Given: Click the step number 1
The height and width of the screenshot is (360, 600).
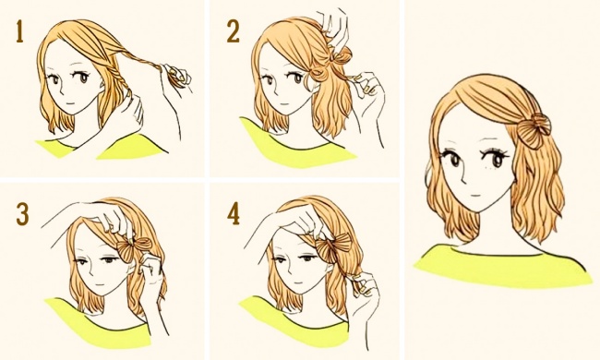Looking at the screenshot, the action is tap(20, 31).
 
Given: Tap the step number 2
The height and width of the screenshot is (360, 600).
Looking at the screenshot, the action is tap(233, 31).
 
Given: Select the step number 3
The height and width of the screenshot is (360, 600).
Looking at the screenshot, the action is tap(22, 214).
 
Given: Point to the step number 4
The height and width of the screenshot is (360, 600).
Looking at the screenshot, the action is tap(234, 214).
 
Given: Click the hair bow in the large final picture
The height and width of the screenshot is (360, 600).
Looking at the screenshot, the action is tap(534, 130).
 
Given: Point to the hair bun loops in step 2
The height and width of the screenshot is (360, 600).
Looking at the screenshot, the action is tap(330, 65).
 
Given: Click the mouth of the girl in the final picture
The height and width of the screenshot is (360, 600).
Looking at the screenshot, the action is tap(474, 195).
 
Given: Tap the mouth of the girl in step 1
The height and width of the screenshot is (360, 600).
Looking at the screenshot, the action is tap(68, 102).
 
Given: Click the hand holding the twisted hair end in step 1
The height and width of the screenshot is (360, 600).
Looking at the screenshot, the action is tap(177, 77).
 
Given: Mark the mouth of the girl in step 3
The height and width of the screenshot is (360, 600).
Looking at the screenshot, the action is tap(100, 285).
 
